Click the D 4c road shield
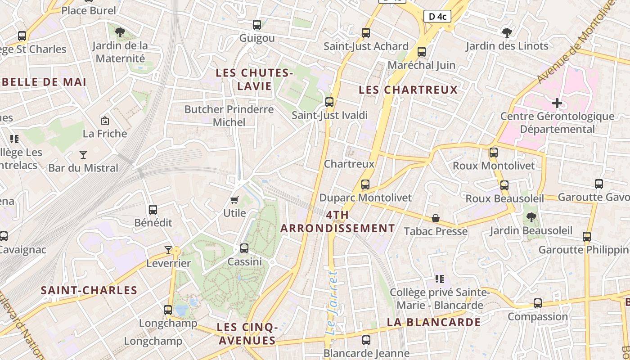point(437,17)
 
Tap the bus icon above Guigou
point(257,25)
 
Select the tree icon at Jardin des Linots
point(507,32)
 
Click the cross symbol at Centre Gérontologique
point(557,103)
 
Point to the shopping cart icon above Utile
point(234,200)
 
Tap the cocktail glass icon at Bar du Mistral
point(83,155)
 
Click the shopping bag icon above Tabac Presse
point(436,219)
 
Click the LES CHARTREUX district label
point(408,90)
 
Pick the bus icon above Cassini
point(244,248)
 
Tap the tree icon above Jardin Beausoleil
point(531,217)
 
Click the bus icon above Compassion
point(538,303)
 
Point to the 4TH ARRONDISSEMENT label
point(337,221)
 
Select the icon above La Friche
point(105,120)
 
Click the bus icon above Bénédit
point(153,209)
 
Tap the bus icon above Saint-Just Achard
point(366,33)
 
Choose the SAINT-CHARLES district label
point(89,290)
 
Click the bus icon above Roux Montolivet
point(494,153)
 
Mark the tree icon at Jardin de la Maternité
point(120,32)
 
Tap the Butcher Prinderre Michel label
point(229,116)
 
